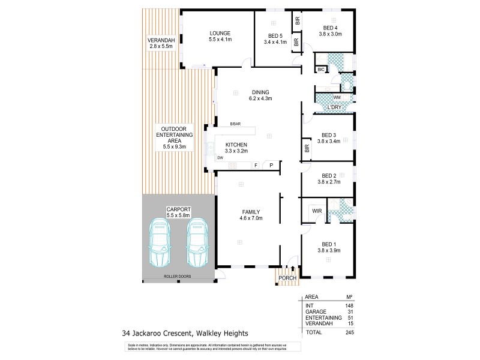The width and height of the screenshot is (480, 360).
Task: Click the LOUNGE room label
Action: (x=220, y=33)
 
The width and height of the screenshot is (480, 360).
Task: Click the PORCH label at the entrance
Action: (x=287, y=277)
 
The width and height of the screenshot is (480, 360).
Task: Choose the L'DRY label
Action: (x=334, y=108)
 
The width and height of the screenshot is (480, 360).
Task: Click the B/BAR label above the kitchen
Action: (x=235, y=125)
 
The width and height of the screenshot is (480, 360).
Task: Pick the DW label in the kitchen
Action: (x=220, y=158)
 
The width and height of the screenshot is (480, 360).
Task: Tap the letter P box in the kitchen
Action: (x=271, y=165)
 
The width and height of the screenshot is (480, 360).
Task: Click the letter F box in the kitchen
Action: (x=255, y=165)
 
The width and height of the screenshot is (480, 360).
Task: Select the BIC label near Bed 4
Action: (x=321, y=70)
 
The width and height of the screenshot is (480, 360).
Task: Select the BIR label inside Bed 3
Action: (x=307, y=147)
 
